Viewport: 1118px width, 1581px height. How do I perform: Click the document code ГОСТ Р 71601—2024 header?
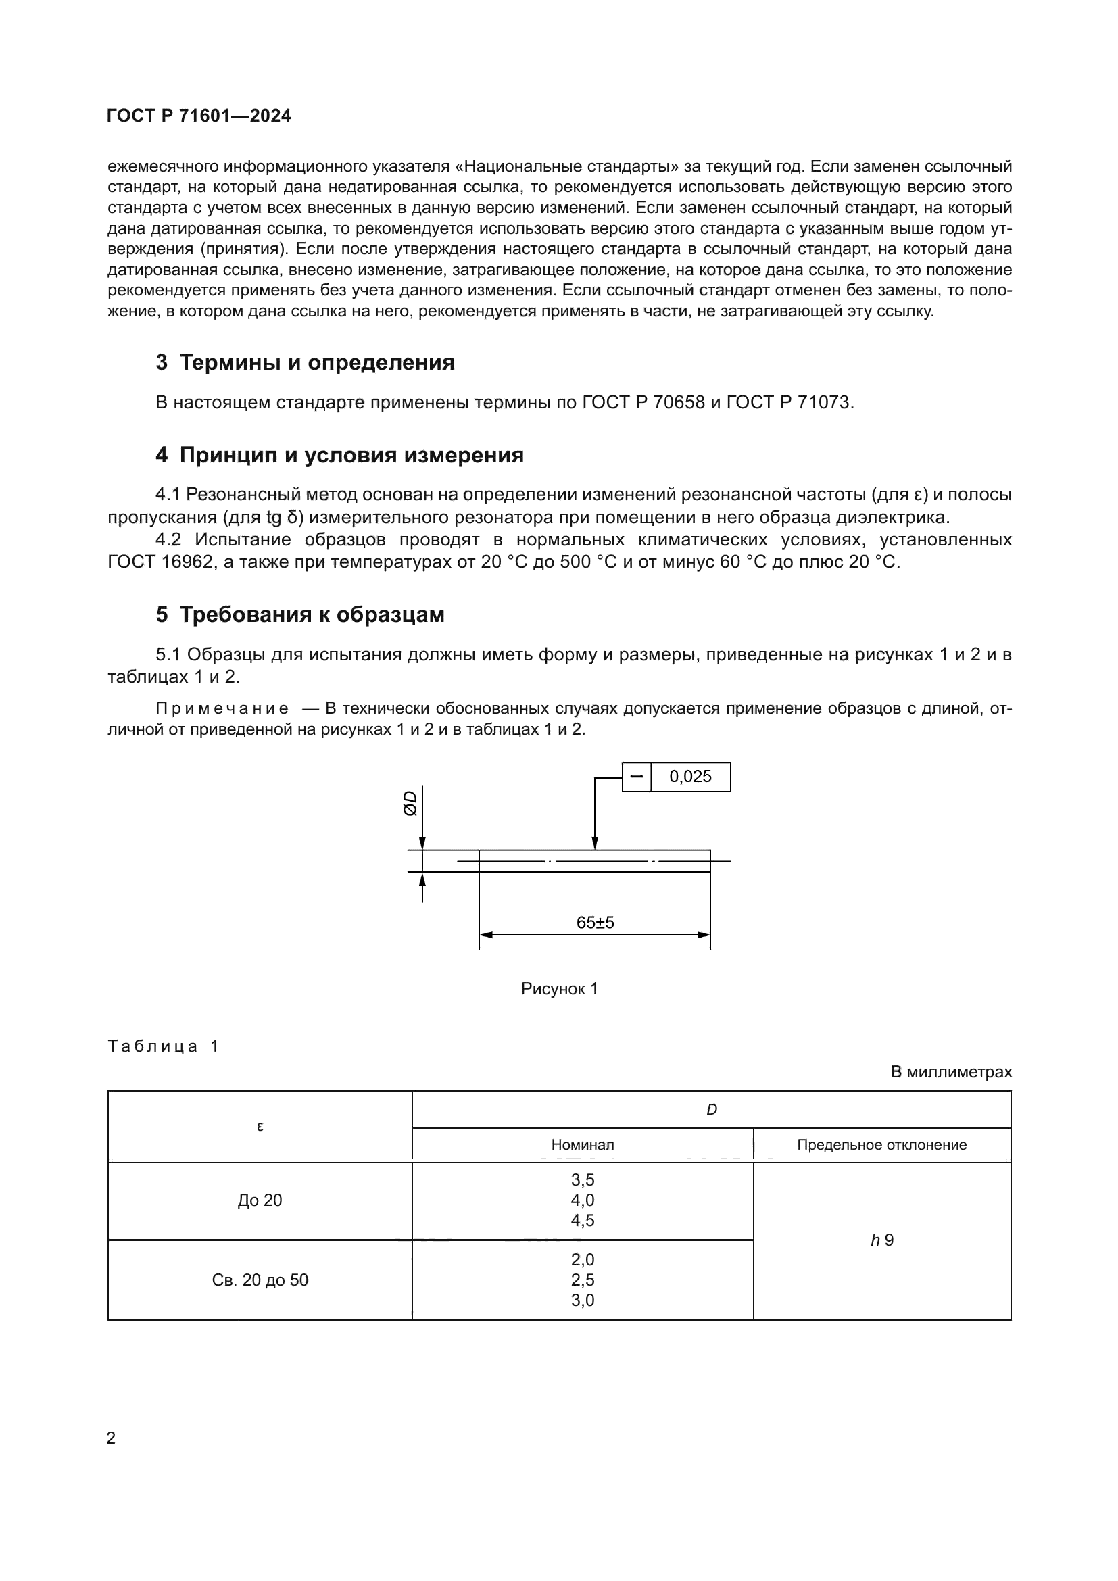click(x=199, y=116)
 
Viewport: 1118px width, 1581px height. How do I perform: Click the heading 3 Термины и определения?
click(x=305, y=362)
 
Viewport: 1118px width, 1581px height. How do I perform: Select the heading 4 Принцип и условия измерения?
click(x=339, y=455)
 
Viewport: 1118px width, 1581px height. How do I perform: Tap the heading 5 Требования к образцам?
click(x=300, y=614)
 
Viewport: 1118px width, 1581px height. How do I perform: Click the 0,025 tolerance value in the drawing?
click(x=690, y=777)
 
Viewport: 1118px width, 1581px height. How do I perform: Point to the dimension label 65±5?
click(x=595, y=923)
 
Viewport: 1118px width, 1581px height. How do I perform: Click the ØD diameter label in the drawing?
click(x=410, y=803)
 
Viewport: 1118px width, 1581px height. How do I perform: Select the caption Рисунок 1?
click(x=559, y=989)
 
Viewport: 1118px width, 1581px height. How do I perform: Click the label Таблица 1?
click(x=163, y=1046)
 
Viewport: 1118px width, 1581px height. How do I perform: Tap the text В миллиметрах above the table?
click(x=951, y=1072)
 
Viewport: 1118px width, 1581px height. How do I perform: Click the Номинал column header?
click(x=583, y=1145)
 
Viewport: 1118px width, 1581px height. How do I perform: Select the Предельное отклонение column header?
click(x=882, y=1145)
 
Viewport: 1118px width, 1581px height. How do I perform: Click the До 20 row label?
click(x=260, y=1200)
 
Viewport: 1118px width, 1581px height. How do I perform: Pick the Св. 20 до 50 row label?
click(x=260, y=1280)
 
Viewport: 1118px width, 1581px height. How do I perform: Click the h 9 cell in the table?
click(x=882, y=1240)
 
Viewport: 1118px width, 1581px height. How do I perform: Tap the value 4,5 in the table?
click(x=583, y=1221)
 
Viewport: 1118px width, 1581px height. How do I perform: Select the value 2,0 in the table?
click(x=583, y=1259)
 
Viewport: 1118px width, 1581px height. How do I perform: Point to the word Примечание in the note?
click(x=222, y=708)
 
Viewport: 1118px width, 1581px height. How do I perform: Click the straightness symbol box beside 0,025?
click(x=636, y=777)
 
